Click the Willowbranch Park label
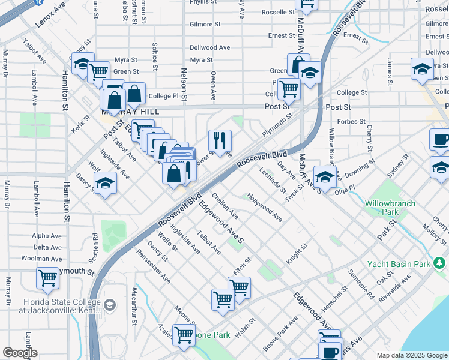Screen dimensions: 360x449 [390, 208]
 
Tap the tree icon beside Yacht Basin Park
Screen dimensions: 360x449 [440, 263]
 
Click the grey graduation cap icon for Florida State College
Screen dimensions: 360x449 [110, 305]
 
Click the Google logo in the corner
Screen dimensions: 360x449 [20, 353]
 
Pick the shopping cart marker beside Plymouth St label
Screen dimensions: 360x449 [47, 278]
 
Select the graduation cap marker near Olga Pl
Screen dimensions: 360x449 [325, 177]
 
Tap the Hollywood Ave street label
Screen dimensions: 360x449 [265, 208]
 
